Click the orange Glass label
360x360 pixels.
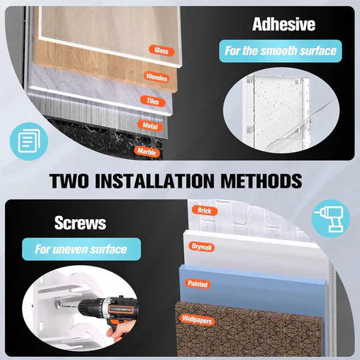[161, 50]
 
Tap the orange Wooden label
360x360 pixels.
[156, 77]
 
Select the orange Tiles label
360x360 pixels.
[153, 101]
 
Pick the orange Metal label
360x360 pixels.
[150, 126]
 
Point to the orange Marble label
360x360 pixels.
[147, 152]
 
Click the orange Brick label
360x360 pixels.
[204, 210]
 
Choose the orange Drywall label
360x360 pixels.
[202, 247]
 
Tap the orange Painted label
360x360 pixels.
[198, 284]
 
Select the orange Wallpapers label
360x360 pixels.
[197, 320]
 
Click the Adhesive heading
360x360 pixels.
[284, 24]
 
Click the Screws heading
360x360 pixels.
[80, 223]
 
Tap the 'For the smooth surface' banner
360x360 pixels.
[280, 51]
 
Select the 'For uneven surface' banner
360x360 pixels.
[82, 249]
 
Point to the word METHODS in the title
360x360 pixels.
[261, 181]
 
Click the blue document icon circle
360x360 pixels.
[29, 141]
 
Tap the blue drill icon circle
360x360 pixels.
[331, 218]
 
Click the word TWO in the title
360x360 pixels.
[69, 181]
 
